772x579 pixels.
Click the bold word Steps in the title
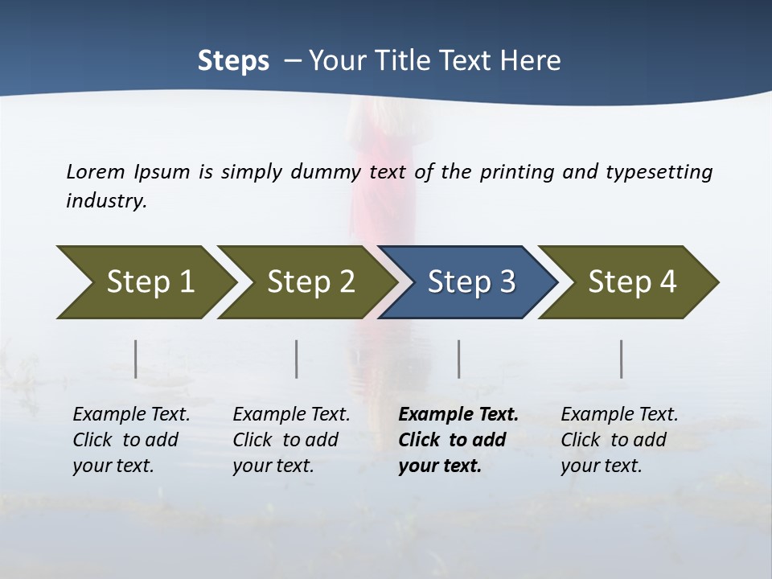(x=233, y=61)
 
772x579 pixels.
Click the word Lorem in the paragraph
(x=95, y=171)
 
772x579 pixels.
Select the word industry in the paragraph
(x=106, y=201)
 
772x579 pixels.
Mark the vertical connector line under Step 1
(x=135, y=359)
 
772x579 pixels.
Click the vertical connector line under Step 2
(x=297, y=359)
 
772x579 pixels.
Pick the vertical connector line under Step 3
(x=458, y=359)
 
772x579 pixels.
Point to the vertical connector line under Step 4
(x=621, y=359)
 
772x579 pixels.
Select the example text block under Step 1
(x=131, y=440)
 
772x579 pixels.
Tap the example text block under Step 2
(x=291, y=440)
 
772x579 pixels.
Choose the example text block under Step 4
(x=618, y=440)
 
